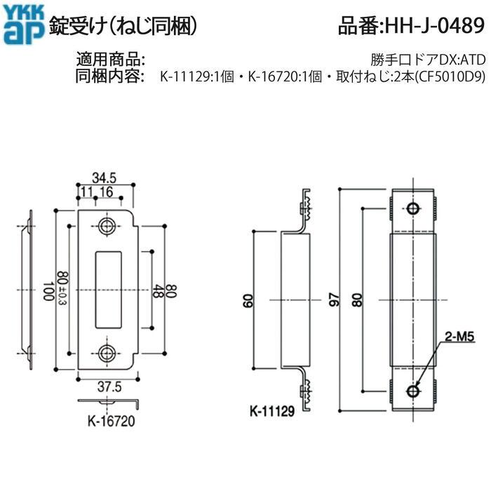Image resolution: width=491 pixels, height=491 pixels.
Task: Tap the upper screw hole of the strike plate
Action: coord(107,226)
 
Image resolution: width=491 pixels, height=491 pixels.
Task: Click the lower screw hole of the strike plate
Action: coord(107,354)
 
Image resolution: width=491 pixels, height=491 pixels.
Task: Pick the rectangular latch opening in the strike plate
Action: coord(107,290)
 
